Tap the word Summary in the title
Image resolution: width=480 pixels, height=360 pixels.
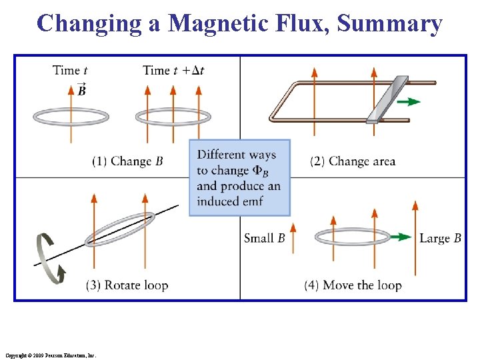coord(390,23)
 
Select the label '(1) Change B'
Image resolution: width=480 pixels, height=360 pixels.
coord(127,161)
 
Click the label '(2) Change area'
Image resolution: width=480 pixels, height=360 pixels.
coord(353,161)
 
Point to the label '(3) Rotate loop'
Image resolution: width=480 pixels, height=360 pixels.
coord(127,285)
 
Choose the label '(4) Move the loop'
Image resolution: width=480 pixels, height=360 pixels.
coord(353,285)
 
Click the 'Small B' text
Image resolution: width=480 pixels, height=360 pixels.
coord(265,238)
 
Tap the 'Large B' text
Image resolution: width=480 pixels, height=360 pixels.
coord(440,238)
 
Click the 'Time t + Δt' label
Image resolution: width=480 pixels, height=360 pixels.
coord(173,71)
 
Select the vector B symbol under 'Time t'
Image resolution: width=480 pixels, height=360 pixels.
coord(81,90)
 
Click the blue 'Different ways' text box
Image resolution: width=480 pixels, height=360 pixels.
coord(239,177)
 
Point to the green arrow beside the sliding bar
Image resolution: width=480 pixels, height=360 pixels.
coord(412,101)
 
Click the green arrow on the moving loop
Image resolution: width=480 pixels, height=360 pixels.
coord(400,237)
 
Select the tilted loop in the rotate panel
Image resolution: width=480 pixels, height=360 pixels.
coord(120,229)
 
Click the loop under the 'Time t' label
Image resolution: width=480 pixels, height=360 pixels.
coord(71,117)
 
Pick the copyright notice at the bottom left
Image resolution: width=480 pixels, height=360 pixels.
coord(50,356)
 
